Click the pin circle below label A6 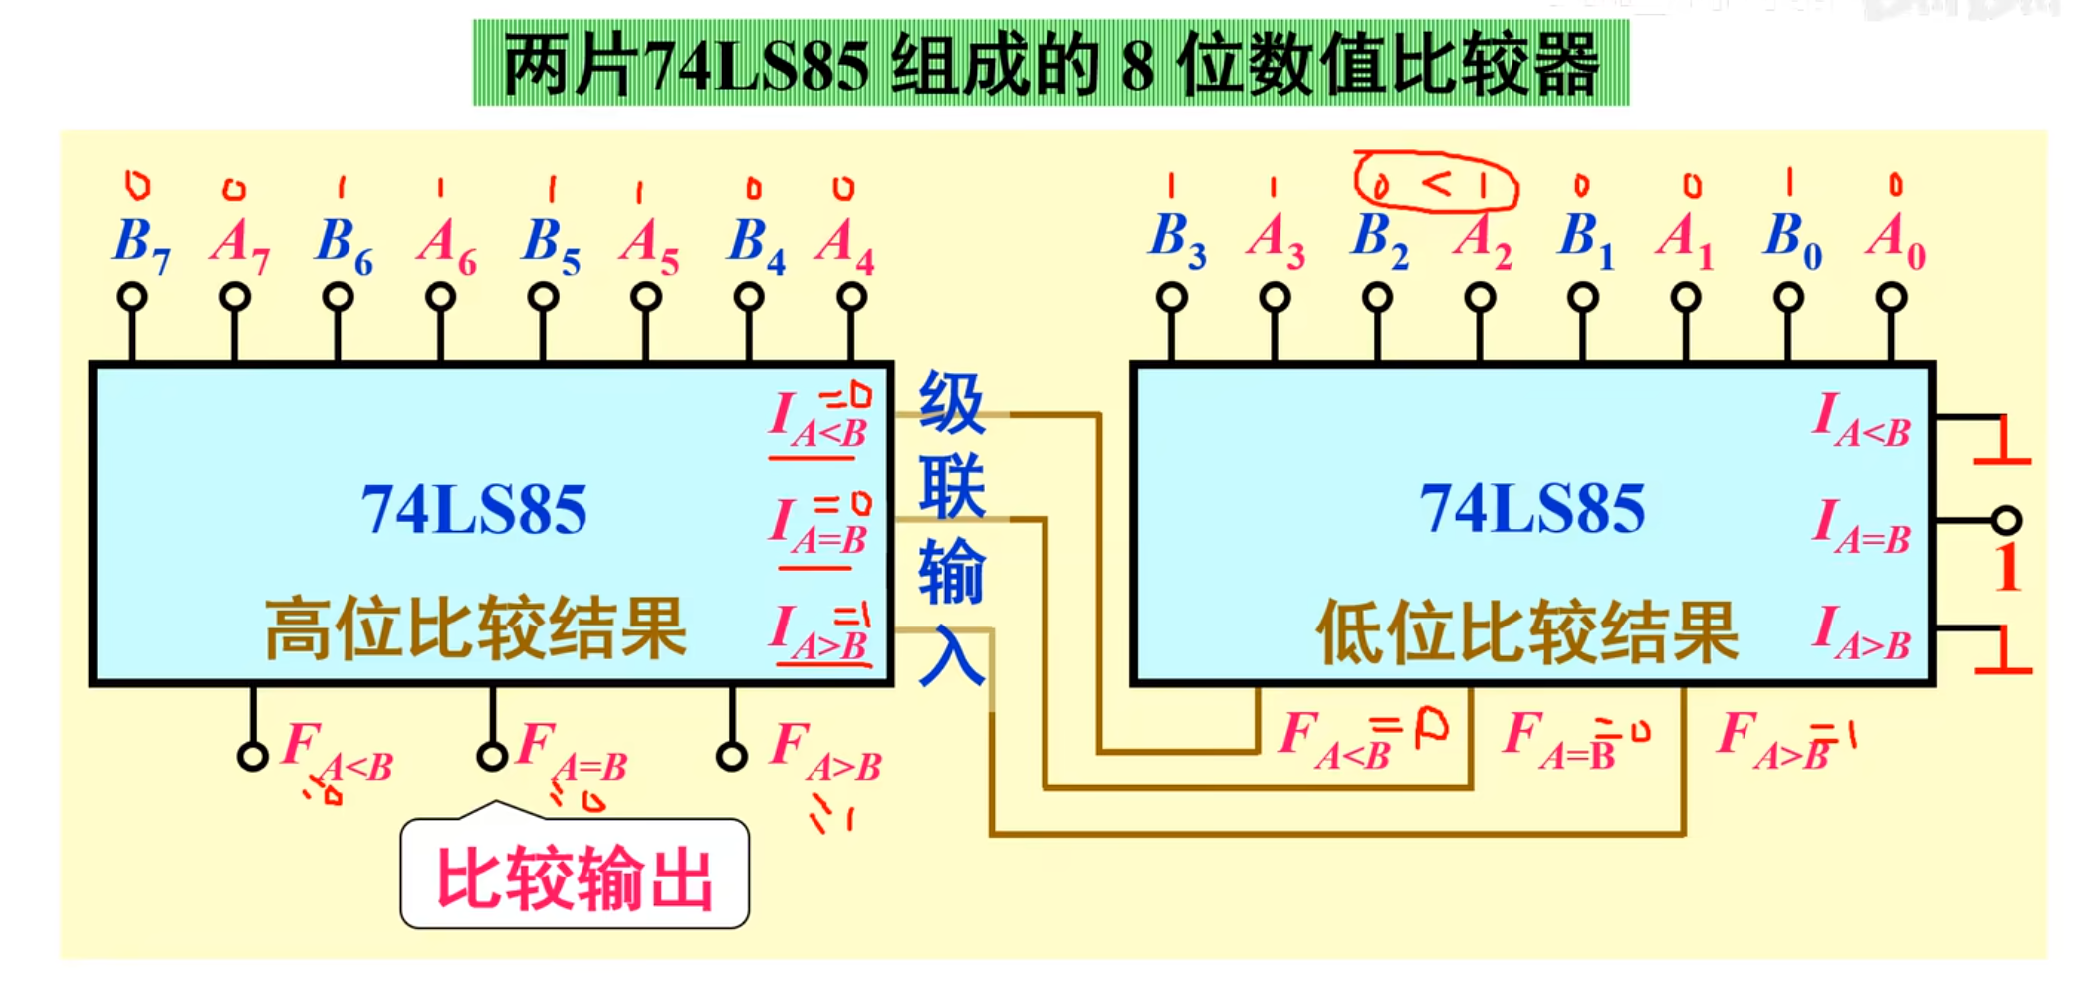point(440,297)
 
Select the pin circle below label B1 point(1583,298)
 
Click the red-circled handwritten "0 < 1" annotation point(1435,181)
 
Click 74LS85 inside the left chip point(474,510)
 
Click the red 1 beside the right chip point(2007,569)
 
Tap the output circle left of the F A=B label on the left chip point(492,757)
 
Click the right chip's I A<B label point(1860,420)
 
